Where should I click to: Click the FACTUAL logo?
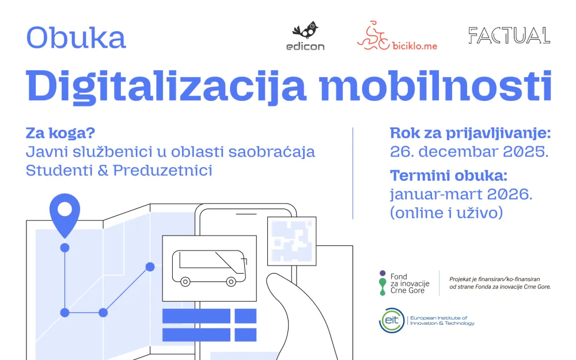point(509,36)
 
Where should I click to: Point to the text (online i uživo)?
point(447,213)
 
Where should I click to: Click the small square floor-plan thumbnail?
point(291,241)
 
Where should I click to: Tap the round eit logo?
point(391,320)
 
